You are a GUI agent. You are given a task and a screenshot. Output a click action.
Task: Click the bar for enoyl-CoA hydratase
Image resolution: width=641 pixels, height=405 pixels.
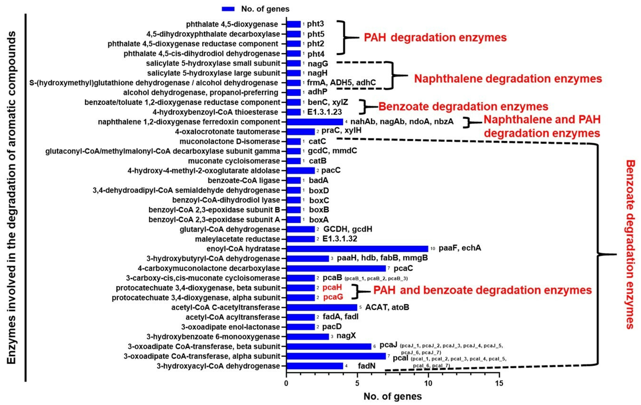[x=357, y=249]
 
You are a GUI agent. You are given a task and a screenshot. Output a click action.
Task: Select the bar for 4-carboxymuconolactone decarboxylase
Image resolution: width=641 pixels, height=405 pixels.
[x=336, y=268]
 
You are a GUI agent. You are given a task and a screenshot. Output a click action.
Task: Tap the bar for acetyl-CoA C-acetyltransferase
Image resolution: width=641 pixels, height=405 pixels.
[x=322, y=307]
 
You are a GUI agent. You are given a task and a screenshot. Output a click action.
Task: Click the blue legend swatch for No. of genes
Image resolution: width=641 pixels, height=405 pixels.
[x=228, y=9]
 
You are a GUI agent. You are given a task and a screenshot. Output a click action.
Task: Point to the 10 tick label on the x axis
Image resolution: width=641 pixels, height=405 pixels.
[x=428, y=383]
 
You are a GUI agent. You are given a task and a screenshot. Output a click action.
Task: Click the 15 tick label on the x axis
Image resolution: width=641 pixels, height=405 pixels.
[x=499, y=383]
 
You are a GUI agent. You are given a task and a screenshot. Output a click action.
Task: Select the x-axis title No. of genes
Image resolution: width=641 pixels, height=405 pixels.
[x=393, y=396]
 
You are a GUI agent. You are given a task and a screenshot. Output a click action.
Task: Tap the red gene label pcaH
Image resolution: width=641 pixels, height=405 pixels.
[x=332, y=287]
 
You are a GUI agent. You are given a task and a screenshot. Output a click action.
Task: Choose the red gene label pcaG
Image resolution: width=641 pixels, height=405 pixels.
[x=333, y=297]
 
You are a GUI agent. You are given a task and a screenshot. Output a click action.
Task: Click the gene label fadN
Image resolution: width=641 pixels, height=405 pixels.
[x=367, y=366]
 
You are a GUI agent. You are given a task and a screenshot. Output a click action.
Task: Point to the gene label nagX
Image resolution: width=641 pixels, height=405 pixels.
[x=346, y=336]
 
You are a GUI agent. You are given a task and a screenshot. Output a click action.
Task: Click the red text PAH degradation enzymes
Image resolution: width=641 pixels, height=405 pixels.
[x=435, y=38]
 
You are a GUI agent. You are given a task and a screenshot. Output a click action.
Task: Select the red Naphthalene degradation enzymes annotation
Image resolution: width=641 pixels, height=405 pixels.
[x=508, y=79]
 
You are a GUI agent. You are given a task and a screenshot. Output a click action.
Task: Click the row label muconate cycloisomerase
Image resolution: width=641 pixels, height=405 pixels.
[x=234, y=161]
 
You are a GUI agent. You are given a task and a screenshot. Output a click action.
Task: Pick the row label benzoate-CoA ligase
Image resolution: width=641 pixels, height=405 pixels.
[x=244, y=180]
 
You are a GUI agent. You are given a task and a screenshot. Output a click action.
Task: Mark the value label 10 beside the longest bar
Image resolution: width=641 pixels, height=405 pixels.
[x=433, y=249]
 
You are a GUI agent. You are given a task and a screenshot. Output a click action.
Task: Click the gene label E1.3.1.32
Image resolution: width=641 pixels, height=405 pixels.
[x=340, y=239]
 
